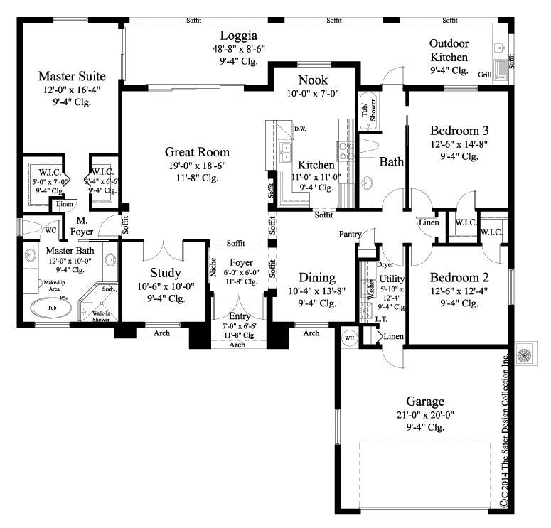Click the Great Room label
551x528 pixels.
pyautogui.click(x=197, y=152)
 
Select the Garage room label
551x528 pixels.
pyautogui.click(x=425, y=401)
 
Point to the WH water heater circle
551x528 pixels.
pyautogui.click(x=348, y=337)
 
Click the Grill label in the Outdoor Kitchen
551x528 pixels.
pyautogui.click(x=485, y=74)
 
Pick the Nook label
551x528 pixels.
pyautogui.click(x=313, y=79)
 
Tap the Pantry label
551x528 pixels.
pyautogui.click(x=350, y=233)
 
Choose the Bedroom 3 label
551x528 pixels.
pyautogui.click(x=459, y=131)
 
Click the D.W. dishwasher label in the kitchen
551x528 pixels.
pyautogui.click(x=302, y=129)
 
